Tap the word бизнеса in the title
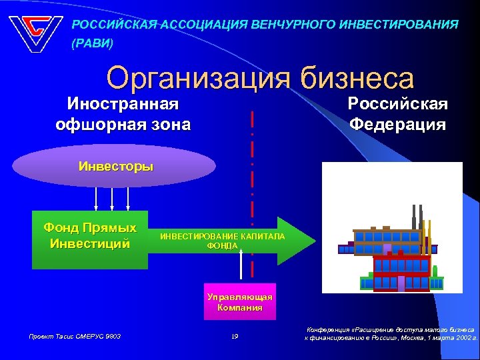357,79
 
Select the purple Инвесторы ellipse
115,166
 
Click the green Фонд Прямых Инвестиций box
90,239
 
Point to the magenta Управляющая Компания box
239,302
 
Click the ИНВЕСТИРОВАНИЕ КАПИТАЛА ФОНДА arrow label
222,241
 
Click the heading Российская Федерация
398,114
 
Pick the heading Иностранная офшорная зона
123,114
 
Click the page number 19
235,337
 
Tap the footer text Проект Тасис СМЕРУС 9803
74,337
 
